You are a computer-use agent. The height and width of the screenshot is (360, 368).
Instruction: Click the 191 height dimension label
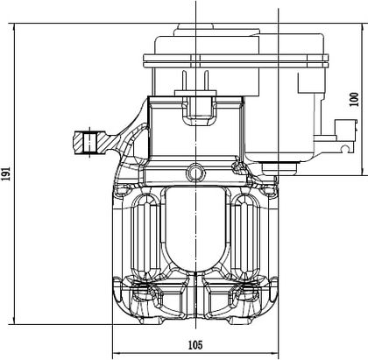(x=6, y=173)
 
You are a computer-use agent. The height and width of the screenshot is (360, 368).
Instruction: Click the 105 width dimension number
(x=195, y=345)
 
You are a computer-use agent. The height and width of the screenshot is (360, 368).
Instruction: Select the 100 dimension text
(x=354, y=99)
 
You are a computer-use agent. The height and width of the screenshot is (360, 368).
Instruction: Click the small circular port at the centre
(x=195, y=173)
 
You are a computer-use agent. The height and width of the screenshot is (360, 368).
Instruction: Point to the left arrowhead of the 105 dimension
(x=117, y=354)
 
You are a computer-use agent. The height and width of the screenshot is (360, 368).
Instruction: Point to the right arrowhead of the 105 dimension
(x=275, y=354)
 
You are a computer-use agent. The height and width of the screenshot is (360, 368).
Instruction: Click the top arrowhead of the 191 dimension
(x=14, y=27)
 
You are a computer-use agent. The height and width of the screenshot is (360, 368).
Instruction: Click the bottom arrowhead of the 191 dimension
(x=14, y=321)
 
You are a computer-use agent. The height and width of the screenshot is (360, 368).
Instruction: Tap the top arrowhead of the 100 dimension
(x=363, y=27)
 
